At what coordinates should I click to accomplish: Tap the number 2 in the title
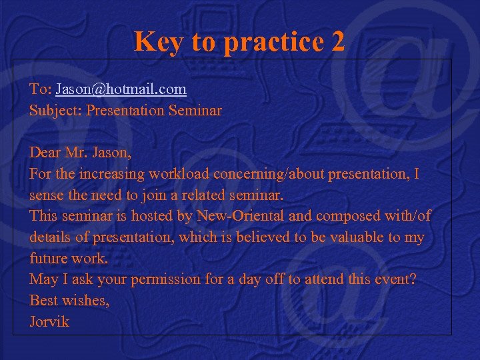[x=337, y=41]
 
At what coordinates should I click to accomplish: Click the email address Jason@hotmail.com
[x=121, y=89]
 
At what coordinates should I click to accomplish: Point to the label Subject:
[x=54, y=110]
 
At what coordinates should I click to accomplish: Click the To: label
[x=40, y=89]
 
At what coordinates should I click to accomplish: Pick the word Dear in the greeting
[x=45, y=153]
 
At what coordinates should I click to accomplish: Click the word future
[x=48, y=259]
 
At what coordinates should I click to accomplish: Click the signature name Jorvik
[x=49, y=322]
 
